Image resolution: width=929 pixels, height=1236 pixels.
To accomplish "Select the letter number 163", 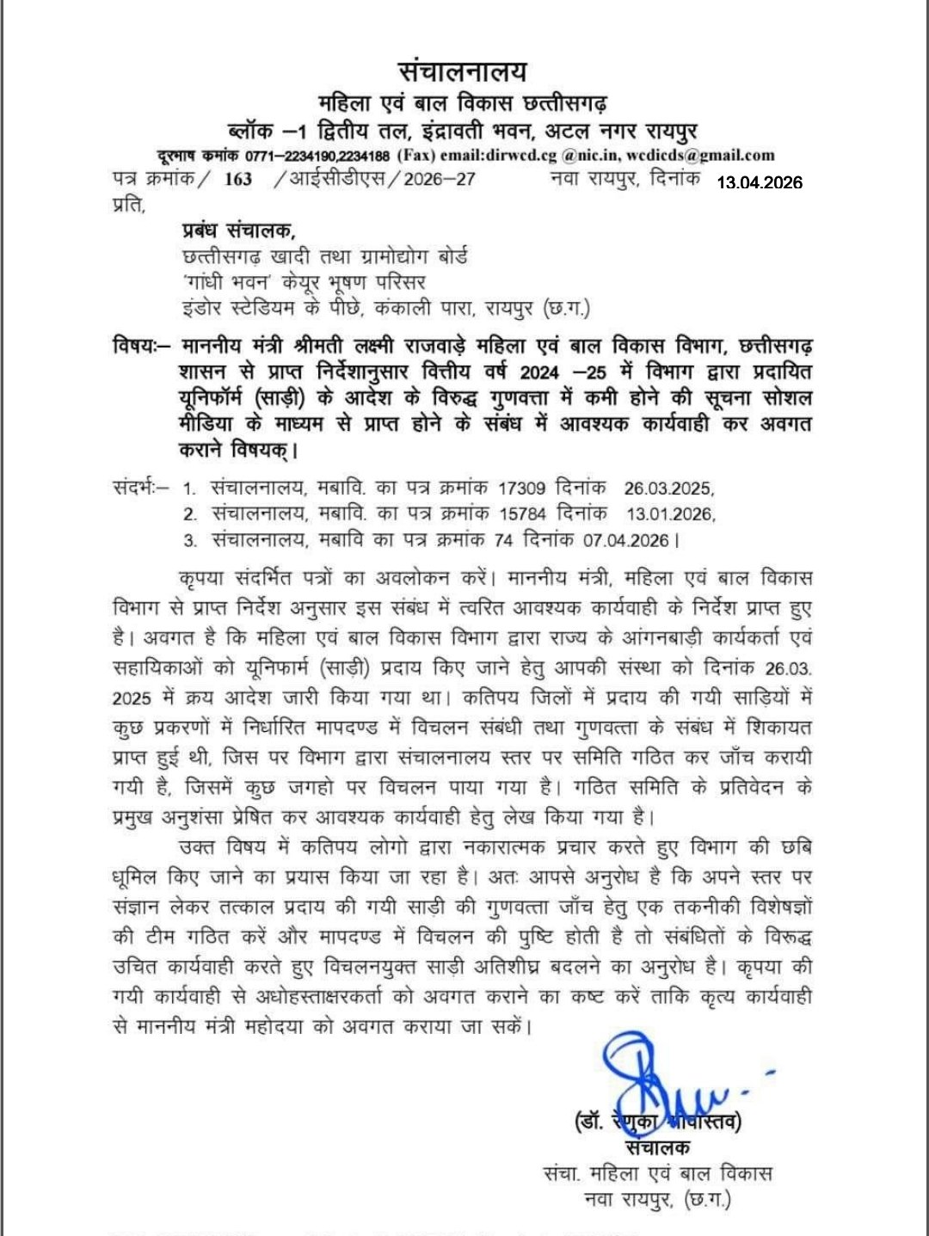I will click(237, 179).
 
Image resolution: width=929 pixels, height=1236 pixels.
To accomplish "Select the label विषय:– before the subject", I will click(142, 347).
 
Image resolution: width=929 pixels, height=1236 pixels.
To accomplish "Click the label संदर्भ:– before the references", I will click(141, 488).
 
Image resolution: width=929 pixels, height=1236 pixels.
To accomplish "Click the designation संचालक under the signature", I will click(659, 1147).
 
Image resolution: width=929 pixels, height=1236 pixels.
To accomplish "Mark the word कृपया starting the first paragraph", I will click(203, 577).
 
